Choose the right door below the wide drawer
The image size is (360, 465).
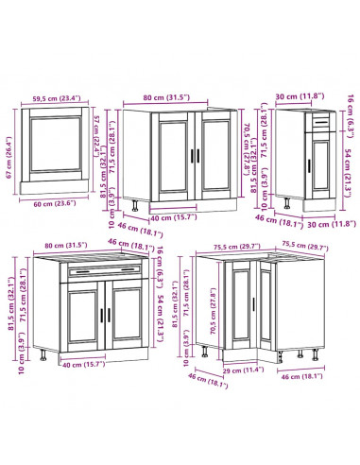coord(123,317)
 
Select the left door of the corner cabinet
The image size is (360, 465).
coord(242,308)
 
